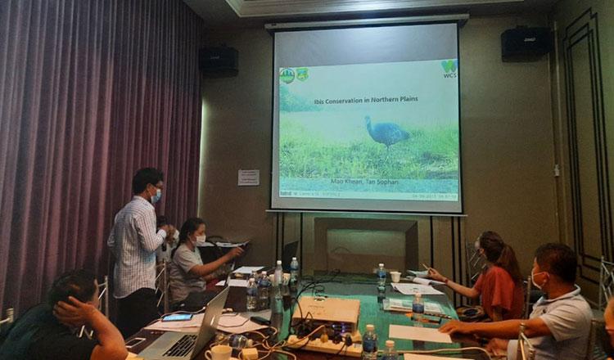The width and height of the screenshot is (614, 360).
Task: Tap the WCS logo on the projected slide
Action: pyautogui.click(x=449, y=69)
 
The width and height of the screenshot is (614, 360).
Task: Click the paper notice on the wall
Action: pyautogui.click(x=248, y=178)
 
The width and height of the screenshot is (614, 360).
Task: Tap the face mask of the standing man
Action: pyautogui.click(x=156, y=196)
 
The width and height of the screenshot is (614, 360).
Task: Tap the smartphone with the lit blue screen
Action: pyautogui.click(x=177, y=317)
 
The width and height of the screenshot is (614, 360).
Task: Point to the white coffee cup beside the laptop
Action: pyautogui.click(x=219, y=353)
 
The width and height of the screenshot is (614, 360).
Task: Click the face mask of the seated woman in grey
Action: pyautogui.click(x=199, y=240)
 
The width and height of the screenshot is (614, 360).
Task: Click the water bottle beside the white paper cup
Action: pyautogui.click(x=381, y=273)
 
